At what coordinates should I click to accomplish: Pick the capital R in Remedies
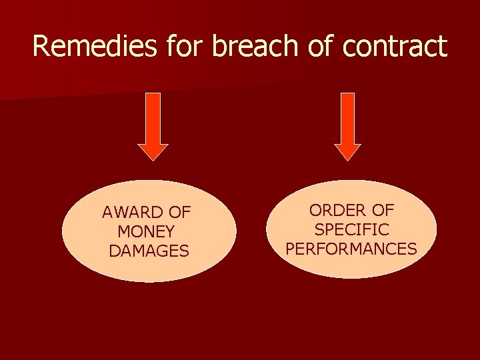tap(41, 46)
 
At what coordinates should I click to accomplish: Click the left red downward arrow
tap(153, 123)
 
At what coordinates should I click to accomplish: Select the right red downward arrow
tap(347, 123)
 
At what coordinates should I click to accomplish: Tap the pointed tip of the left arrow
tap(153, 159)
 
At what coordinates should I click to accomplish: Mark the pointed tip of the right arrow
tap(347, 159)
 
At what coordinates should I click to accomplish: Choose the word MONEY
tap(146, 232)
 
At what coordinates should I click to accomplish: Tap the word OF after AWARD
tap(179, 213)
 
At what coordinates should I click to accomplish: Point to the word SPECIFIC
tap(351, 229)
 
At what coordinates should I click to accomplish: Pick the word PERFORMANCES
tap(351, 249)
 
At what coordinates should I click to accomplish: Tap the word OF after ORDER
tap(383, 210)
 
